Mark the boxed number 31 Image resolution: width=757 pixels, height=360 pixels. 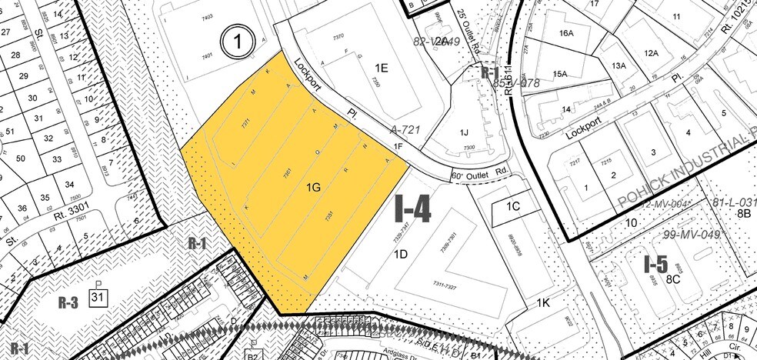pos(99,296)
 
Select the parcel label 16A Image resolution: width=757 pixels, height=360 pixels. pos(567,33)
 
